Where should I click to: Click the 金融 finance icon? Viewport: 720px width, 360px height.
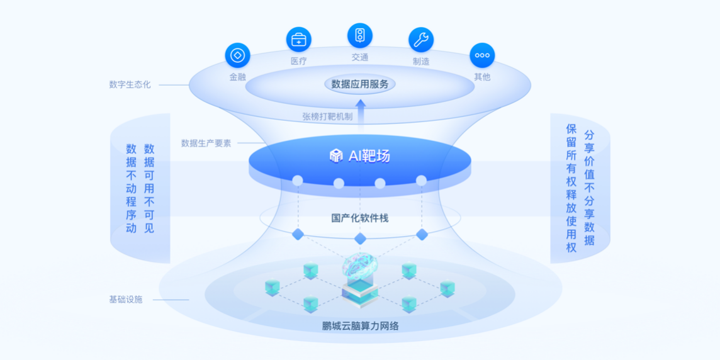(x=237, y=55)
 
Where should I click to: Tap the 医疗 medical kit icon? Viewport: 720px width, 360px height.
(x=298, y=40)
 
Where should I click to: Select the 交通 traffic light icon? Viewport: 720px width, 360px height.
(x=360, y=35)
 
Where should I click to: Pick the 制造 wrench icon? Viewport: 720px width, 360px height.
(x=421, y=40)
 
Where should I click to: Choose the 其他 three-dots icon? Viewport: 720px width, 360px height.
(x=482, y=55)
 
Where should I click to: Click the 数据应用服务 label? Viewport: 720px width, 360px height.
(x=360, y=84)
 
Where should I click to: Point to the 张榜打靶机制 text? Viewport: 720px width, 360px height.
(x=327, y=116)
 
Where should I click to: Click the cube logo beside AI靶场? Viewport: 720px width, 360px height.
(x=336, y=156)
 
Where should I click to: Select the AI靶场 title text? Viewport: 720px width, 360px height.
(x=369, y=156)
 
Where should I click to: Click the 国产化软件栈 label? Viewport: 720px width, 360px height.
(x=360, y=218)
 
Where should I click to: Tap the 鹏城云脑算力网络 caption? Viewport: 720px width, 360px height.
(x=360, y=325)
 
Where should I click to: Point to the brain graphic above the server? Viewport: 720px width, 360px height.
(x=359, y=267)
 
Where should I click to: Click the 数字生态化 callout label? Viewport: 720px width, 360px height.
(x=130, y=84)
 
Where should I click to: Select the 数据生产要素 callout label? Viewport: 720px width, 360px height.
(x=206, y=143)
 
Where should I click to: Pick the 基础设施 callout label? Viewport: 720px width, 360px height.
(x=126, y=299)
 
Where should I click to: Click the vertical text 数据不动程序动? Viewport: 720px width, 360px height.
(x=131, y=188)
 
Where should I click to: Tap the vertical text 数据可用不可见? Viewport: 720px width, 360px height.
(x=149, y=188)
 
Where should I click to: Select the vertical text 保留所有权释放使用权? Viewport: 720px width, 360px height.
(x=571, y=188)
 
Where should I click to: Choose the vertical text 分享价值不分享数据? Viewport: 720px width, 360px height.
(x=589, y=188)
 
